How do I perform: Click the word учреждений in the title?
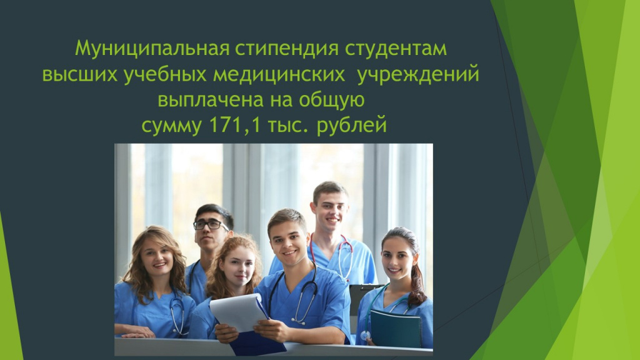418,75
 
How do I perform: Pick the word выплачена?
211,100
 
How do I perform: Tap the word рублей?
351,125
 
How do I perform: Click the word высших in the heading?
80,75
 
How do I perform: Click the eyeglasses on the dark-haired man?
211,224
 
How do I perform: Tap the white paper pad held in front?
239,312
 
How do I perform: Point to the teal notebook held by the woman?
396,329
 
